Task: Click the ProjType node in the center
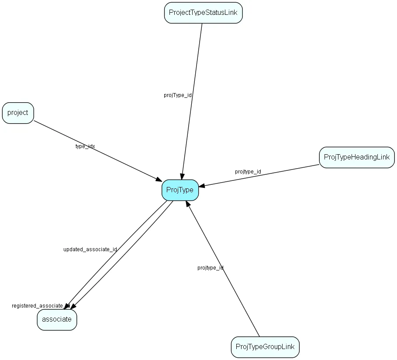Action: (x=180, y=190)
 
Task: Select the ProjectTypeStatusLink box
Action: (x=203, y=13)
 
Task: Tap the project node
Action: (x=18, y=113)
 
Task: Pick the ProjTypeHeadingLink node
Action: (x=356, y=157)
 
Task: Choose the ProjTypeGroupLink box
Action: (x=265, y=347)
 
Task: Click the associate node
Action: (x=57, y=319)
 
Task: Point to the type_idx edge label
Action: (x=85, y=146)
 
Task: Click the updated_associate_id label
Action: (x=90, y=249)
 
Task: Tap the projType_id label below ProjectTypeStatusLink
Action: (x=178, y=95)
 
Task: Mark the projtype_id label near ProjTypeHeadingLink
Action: (x=248, y=172)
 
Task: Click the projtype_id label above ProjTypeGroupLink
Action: (x=210, y=267)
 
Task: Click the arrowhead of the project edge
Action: (x=159, y=179)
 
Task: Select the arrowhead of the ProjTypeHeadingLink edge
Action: (x=202, y=186)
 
